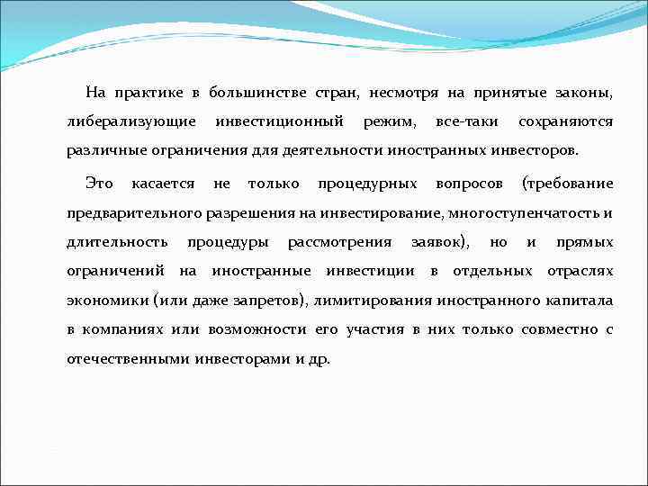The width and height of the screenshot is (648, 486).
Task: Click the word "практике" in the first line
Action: (x=150, y=93)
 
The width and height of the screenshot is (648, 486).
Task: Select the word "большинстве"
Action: (x=258, y=93)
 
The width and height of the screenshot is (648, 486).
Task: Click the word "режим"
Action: (x=388, y=121)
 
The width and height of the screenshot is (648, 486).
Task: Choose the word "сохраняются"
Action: (x=566, y=121)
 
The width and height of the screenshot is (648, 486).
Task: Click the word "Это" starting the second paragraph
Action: (x=99, y=184)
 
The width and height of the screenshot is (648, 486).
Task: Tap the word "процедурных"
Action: (x=367, y=184)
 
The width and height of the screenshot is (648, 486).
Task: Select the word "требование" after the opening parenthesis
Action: (x=571, y=184)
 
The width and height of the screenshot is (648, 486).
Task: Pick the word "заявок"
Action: (x=438, y=242)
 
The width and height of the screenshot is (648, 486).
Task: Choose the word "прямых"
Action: (x=585, y=242)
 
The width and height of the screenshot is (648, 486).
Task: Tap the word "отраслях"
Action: (x=580, y=271)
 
